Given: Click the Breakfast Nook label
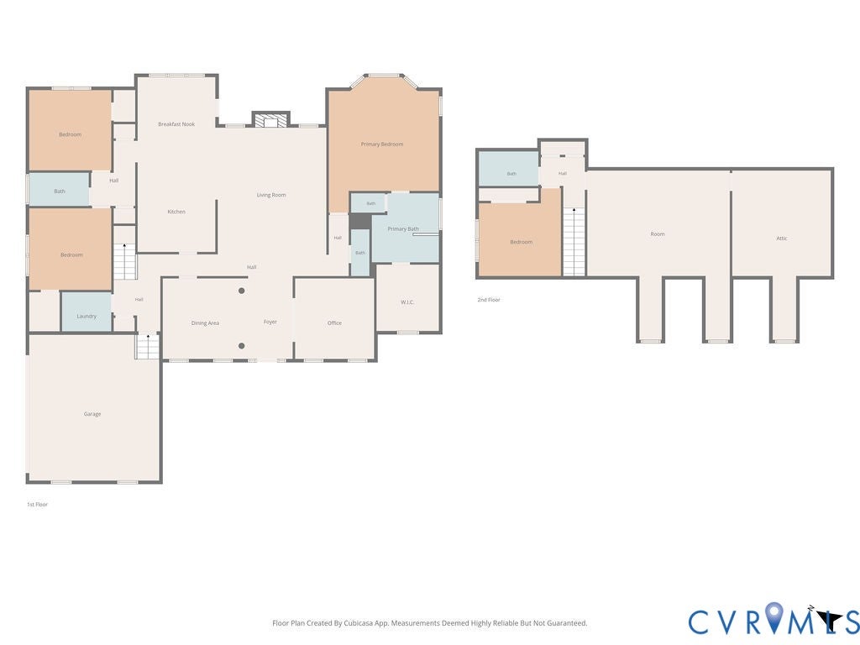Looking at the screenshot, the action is [x=176, y=124].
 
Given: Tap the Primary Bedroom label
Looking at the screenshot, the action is [x=382, y=144].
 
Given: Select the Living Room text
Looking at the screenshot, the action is [x=271, y=195].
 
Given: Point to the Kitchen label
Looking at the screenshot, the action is [x=176, y=212].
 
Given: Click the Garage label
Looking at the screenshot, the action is [x=92, y=414].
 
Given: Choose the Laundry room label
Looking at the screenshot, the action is [x=87, y=317].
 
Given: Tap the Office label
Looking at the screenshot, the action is [x=334, y=323].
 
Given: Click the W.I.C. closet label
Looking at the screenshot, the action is [x=407, y=302].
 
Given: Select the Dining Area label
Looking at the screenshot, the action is [x=205, y=323].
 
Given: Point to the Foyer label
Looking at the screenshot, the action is [x=270, y=322].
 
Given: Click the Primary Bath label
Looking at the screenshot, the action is [x=403, y=228].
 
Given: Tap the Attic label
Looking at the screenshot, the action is [x=782, y=239].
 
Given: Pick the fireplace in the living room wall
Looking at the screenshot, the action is [x=270, y=119].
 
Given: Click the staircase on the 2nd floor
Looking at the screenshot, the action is [x=574, y=241].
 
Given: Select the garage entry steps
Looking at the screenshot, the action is [x=148, y=347].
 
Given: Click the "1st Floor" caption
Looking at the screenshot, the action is [x=37, y=505].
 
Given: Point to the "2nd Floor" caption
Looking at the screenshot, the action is [x=489, y=300].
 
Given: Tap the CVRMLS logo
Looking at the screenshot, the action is [x=773, y=620].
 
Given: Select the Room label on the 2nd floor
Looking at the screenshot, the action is [x=658, y=234].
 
